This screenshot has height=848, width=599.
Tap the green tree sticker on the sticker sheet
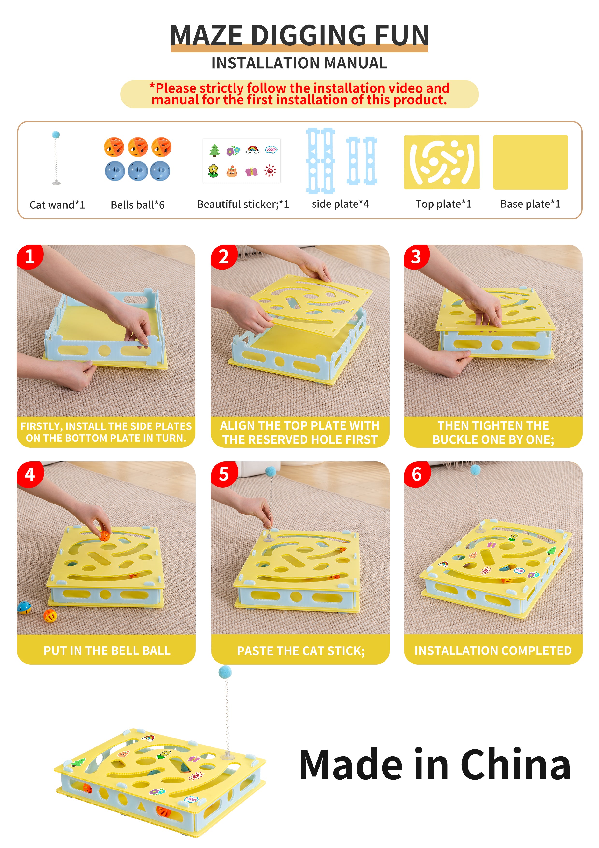click(215, 150)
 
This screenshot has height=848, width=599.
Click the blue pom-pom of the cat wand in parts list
click(56, 134)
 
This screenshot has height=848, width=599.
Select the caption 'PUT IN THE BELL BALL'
click(107, 651)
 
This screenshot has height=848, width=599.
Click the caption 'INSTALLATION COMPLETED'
click(493, 651)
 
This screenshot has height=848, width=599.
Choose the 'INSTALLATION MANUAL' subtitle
click(299, 63)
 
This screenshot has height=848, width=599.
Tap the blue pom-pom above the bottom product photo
click(225, 672)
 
